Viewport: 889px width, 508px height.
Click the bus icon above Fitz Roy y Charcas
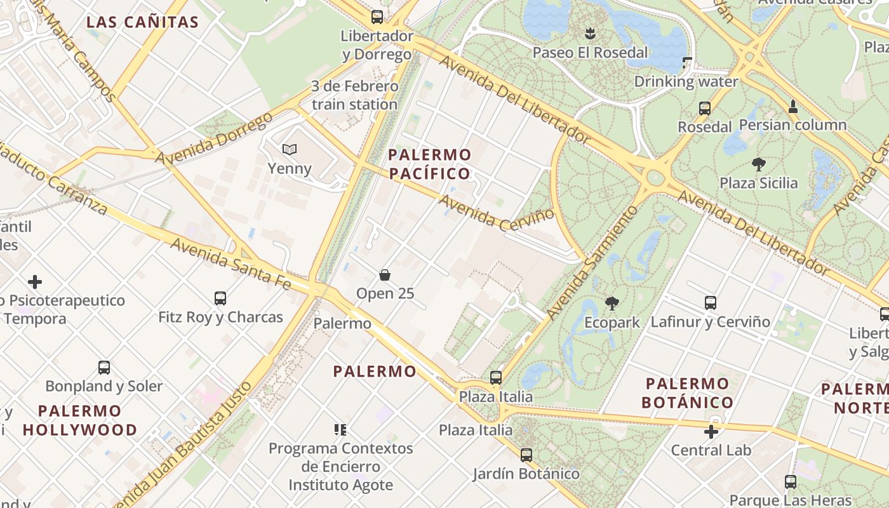(220, 298)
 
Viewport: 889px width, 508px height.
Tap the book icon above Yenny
(290, 149)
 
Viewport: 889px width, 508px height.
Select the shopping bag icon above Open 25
(385, 274)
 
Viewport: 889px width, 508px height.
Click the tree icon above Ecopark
(612, 304)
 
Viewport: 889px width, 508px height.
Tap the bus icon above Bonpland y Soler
(104, 367)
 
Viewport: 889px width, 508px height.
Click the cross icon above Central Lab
(711, 432)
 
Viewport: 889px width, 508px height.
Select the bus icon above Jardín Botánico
(526, 455)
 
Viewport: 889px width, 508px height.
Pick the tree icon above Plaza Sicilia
(758, 164)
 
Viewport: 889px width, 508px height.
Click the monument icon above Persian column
(792, 107)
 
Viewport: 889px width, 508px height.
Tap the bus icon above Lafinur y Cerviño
(711, 303)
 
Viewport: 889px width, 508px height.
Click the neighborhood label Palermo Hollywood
(80, 420)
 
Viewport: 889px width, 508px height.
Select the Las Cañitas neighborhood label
(142, 22)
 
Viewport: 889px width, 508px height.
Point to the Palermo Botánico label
(688, 392)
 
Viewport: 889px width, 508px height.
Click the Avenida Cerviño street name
(497, 211)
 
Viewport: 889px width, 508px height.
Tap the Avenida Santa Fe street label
(231, 263)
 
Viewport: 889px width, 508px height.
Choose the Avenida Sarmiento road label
(592, 262)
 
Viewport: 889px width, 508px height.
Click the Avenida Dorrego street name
(214, 138)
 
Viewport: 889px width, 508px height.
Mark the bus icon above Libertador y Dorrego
(377, 17)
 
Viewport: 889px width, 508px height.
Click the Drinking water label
(686, 81)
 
